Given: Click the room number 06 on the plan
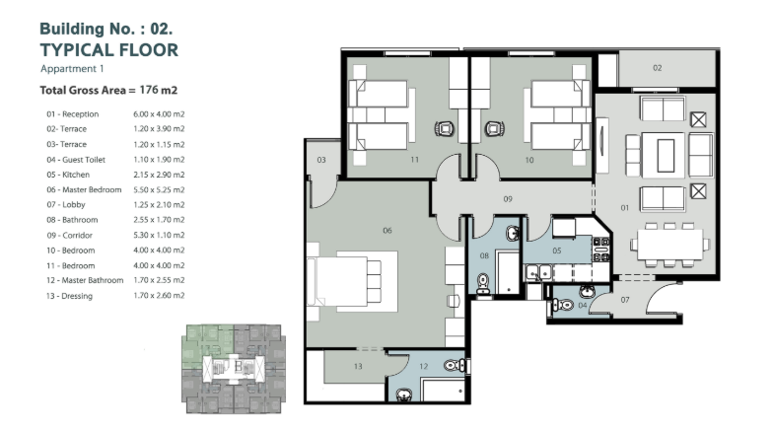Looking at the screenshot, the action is click(x=387, y=231).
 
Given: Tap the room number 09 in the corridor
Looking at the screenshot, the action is click(x=508, y=199).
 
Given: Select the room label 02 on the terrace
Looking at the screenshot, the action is click(x=657, y=68).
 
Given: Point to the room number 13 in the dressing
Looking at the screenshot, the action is click(x=357, y=366).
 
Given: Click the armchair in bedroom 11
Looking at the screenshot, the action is click(x=445, y=129).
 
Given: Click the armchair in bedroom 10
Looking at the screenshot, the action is click(x=494, y=129).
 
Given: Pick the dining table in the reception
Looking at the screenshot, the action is click(x=669, y=245).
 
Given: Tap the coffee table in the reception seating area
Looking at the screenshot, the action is click(x=666, y=156).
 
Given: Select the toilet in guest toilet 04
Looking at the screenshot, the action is click(x=562, y=305).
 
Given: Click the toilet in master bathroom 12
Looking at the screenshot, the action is click(x=456, y=366).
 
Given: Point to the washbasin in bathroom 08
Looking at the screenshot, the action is click(x=513, y=233).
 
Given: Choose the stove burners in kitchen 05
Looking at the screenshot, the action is click(x=600, y=250).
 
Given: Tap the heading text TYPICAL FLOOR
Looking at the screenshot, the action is click(x=109, y=50).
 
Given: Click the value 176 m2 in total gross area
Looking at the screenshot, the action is click(x=159, y=90).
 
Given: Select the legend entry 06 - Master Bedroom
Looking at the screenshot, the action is click(x=84, y=189).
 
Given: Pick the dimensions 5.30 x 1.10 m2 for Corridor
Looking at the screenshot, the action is click(x=159, y=235).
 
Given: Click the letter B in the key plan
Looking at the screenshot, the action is click(x=239, y=367).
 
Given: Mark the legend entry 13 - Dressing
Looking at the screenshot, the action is click(x=69, y=296).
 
